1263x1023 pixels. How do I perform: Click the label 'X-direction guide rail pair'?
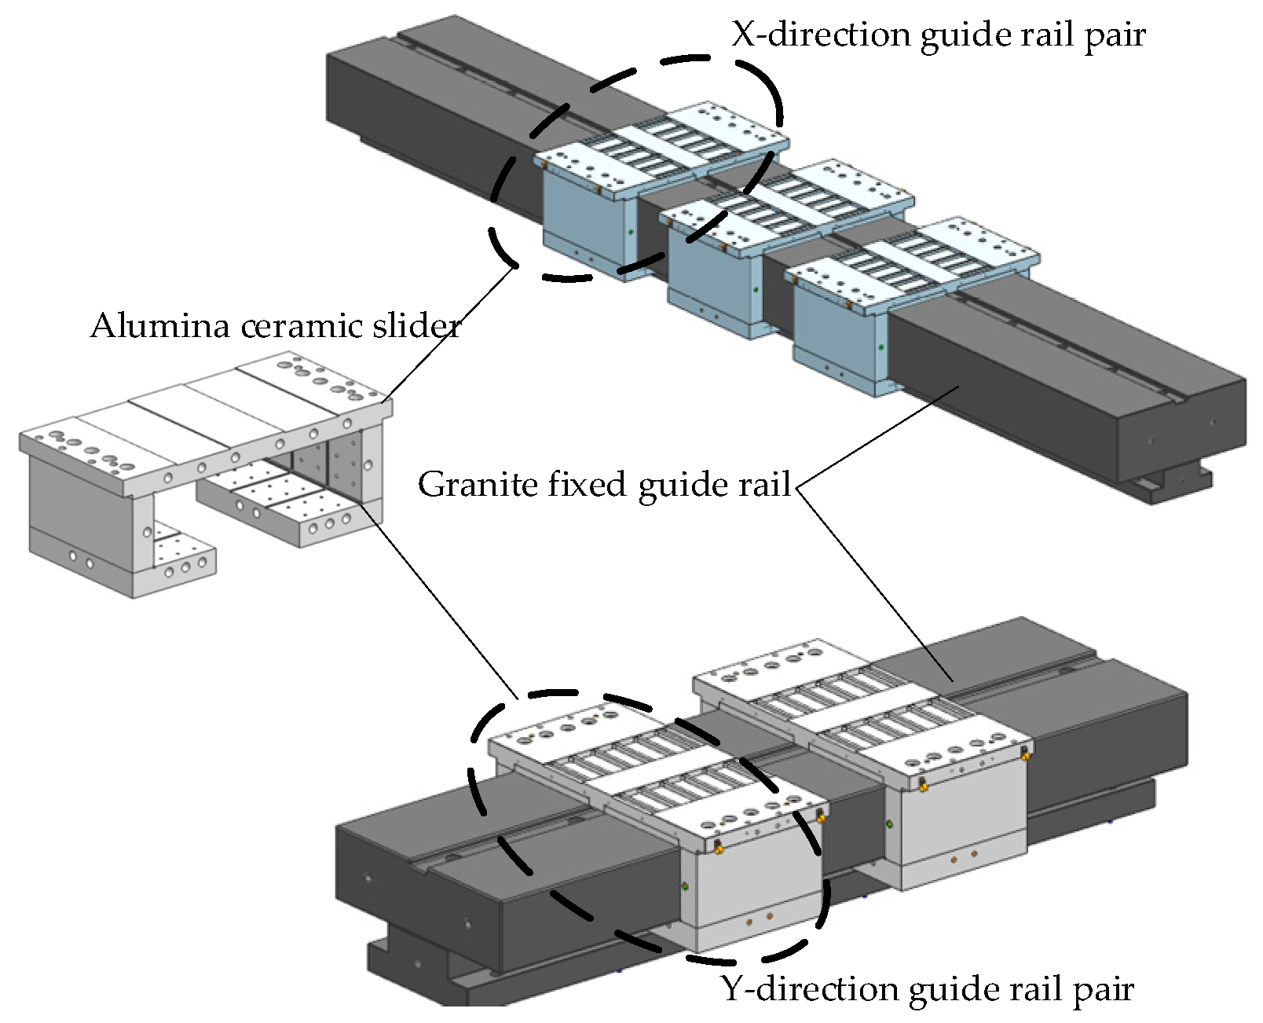tap(938, 35)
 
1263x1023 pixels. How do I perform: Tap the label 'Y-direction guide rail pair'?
tap(927, 989)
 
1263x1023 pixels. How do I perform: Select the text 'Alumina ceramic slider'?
tap(275, 325)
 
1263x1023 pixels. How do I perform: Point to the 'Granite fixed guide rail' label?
tap(604, 484)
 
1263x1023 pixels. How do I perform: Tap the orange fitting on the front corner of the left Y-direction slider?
tap(718, 847)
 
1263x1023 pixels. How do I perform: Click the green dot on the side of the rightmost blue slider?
tap(881, 347)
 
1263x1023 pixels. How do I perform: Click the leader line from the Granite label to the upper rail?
tap(880, 436)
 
